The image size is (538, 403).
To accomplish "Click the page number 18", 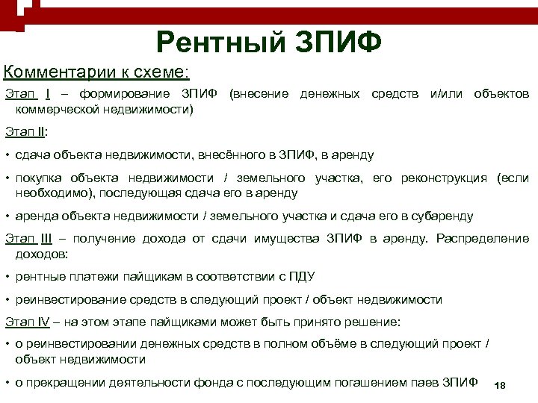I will (x=500, y=385).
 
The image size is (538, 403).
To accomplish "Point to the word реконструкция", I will (x=443, y=178).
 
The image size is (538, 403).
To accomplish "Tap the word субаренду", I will (x=442, y=216).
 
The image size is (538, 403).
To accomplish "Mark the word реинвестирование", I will (x=63, y=300).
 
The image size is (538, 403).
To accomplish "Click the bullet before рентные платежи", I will (x=7, y=277).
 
